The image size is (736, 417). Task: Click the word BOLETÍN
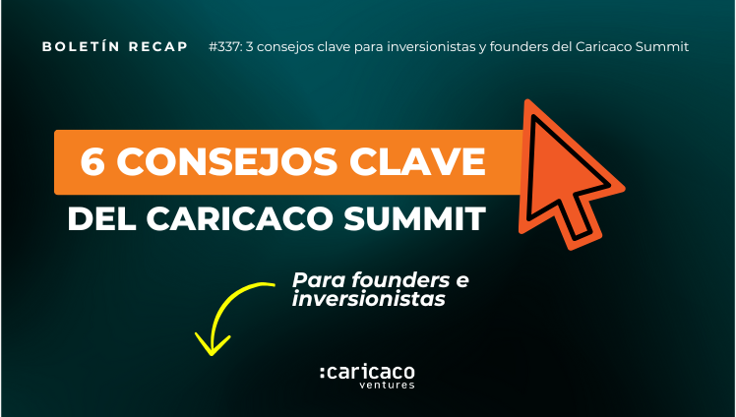[82, 47]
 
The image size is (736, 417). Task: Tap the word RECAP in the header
[158, 47]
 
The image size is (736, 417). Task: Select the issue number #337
[225, 47]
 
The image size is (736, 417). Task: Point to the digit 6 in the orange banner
[92, 162]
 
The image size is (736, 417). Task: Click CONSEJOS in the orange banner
[227, 162]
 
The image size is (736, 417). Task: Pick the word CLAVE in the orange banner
[417, 162]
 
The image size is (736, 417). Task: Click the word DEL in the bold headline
[102, 218]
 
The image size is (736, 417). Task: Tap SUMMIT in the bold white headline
[415, 218]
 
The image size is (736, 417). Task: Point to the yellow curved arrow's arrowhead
[213, 346]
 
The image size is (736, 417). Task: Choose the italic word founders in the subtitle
[400, 280]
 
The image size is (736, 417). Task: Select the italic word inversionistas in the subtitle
[368, 299]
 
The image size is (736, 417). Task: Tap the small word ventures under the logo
[388, 386]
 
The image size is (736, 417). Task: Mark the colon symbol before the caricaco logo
[323, 373]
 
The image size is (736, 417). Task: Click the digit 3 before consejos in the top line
[249, 47]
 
